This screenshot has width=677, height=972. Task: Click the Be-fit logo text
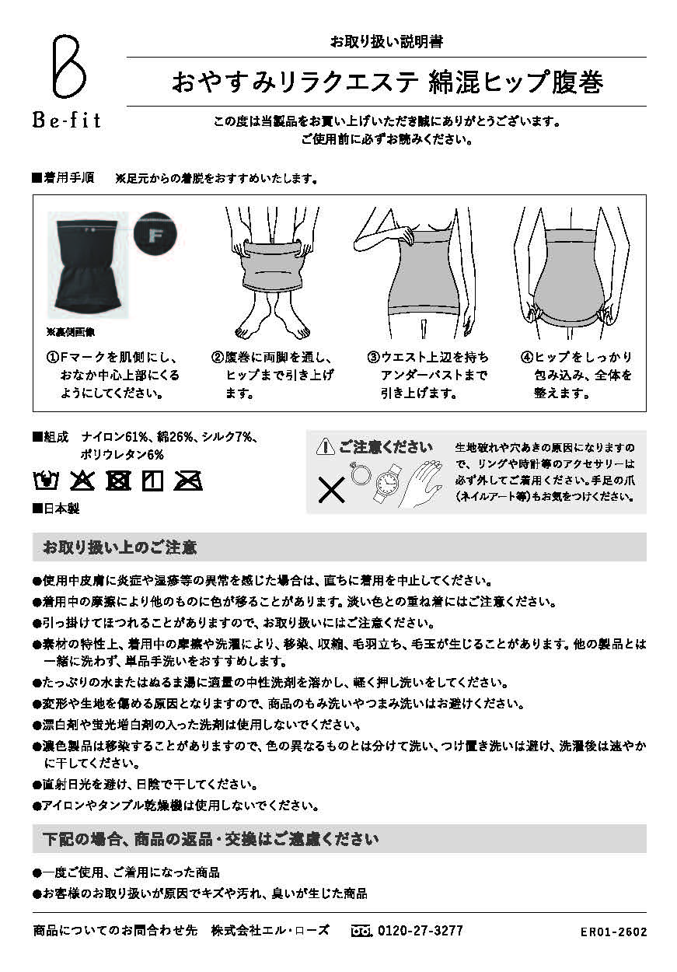[x=66, y=121]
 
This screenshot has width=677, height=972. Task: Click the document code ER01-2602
[x=613, y=932]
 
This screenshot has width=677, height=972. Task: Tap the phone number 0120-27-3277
[x=419, y=931]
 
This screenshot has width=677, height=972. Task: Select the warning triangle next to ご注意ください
[x=325, y=446]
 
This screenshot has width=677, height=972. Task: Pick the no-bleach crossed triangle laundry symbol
[x=82, y=481]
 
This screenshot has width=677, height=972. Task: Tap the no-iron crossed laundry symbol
[x=188, y=481]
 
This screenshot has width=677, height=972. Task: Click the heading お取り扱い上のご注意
[x=120, y=547]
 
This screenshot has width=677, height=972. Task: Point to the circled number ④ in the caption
[x=526, y=358]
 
